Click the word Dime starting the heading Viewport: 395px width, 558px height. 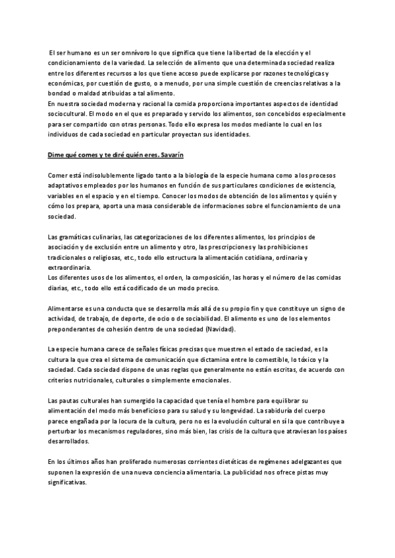pyautogui.click(x=58, y=155)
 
